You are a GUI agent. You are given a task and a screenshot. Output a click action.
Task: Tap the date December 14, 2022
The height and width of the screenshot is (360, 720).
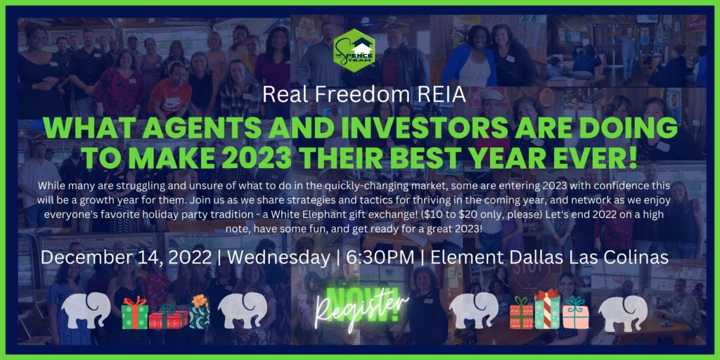tap(125, 258)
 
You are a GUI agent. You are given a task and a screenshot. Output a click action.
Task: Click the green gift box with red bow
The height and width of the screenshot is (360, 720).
tap(134, 313)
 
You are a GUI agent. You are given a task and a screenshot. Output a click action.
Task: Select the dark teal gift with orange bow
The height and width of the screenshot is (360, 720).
tap(199, 311)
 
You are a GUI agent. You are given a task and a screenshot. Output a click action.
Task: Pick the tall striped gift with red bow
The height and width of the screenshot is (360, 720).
tap(547, 309)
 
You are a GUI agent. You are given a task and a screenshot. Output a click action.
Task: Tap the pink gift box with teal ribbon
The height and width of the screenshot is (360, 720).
tap(575, 312)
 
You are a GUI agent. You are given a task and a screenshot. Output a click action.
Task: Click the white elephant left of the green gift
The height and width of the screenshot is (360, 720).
tap(86, 310)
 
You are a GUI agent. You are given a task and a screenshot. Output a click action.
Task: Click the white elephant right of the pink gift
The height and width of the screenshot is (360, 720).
tap(623, 313)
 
